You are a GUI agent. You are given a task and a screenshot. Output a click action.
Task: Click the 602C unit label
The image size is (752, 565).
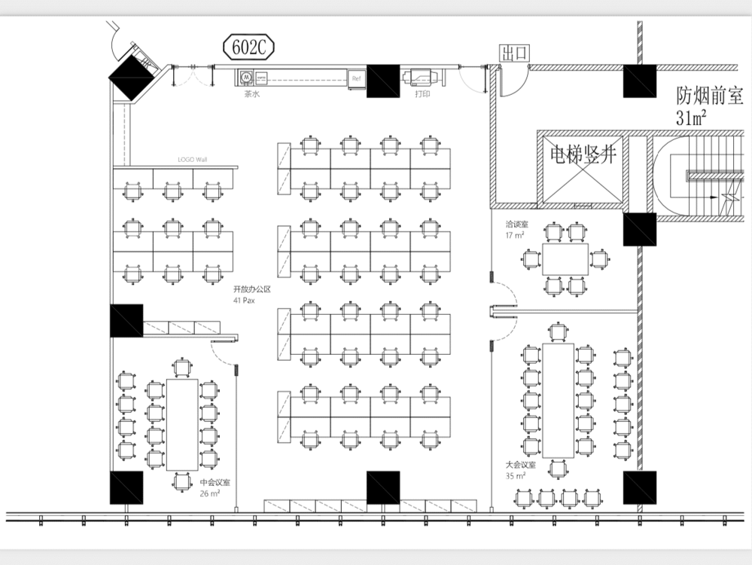coord(249,48)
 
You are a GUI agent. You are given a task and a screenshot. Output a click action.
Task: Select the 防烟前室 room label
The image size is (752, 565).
coord(709,96)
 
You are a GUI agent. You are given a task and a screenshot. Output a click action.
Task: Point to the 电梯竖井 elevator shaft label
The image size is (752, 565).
coord(583,155)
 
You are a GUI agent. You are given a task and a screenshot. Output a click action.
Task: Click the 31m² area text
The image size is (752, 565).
coord(691,117)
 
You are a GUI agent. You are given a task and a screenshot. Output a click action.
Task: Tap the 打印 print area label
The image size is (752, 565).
coord(423,95)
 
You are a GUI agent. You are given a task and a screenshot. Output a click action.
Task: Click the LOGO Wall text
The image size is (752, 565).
coord(192,160)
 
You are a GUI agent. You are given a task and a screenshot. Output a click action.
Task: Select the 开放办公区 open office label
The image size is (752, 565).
coord(251,289)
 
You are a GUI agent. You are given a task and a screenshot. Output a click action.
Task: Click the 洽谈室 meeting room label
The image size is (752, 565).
coord(516,224)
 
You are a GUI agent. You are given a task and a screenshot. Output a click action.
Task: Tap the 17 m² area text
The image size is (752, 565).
coord(515,235)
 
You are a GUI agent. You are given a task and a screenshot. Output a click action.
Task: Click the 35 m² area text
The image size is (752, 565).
coord(516,475)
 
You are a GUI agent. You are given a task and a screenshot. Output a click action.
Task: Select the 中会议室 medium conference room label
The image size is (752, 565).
coord(215,483)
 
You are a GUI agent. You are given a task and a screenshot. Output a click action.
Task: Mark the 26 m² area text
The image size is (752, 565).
coord(209,493)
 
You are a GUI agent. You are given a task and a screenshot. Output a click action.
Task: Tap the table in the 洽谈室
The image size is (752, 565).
coord(565,259)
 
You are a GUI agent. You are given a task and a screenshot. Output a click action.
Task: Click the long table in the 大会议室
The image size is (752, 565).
coord(558,400)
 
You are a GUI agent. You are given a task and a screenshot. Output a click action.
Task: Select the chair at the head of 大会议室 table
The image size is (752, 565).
coord(558,331)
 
